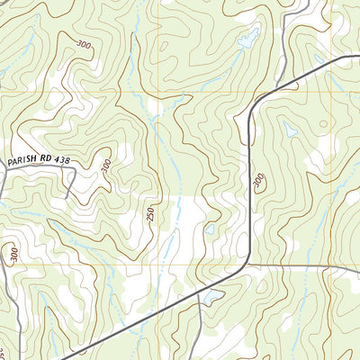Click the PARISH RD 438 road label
coord(37,160)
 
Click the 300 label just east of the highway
coord(259,182)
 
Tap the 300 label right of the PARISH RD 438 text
coord(105,166)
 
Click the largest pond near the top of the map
coord(247,39)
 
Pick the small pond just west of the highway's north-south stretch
coord(209,229)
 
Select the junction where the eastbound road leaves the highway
coord(246,265)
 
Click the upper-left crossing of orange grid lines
coord(162,92)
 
